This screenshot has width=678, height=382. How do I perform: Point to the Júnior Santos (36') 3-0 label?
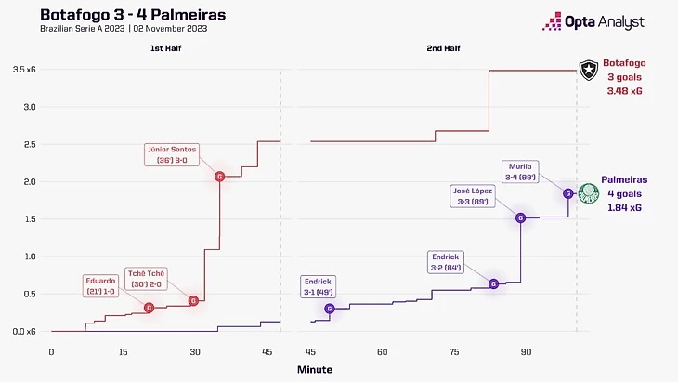tap(178, 153)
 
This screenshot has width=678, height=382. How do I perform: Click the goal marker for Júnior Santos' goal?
tap(219, 177)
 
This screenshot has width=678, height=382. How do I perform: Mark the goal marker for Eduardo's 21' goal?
tap(149, 307)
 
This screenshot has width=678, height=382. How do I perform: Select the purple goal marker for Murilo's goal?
tap(567, 193)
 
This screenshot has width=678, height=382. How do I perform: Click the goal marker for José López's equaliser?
tap(521, 217)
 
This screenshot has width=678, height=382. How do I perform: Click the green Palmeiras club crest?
tap(587, 193)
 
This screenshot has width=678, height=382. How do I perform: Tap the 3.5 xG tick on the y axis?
tap(24, 70)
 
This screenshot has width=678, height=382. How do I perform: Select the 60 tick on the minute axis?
tap(382, 351)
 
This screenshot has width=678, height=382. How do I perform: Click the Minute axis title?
tap(315, 369)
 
